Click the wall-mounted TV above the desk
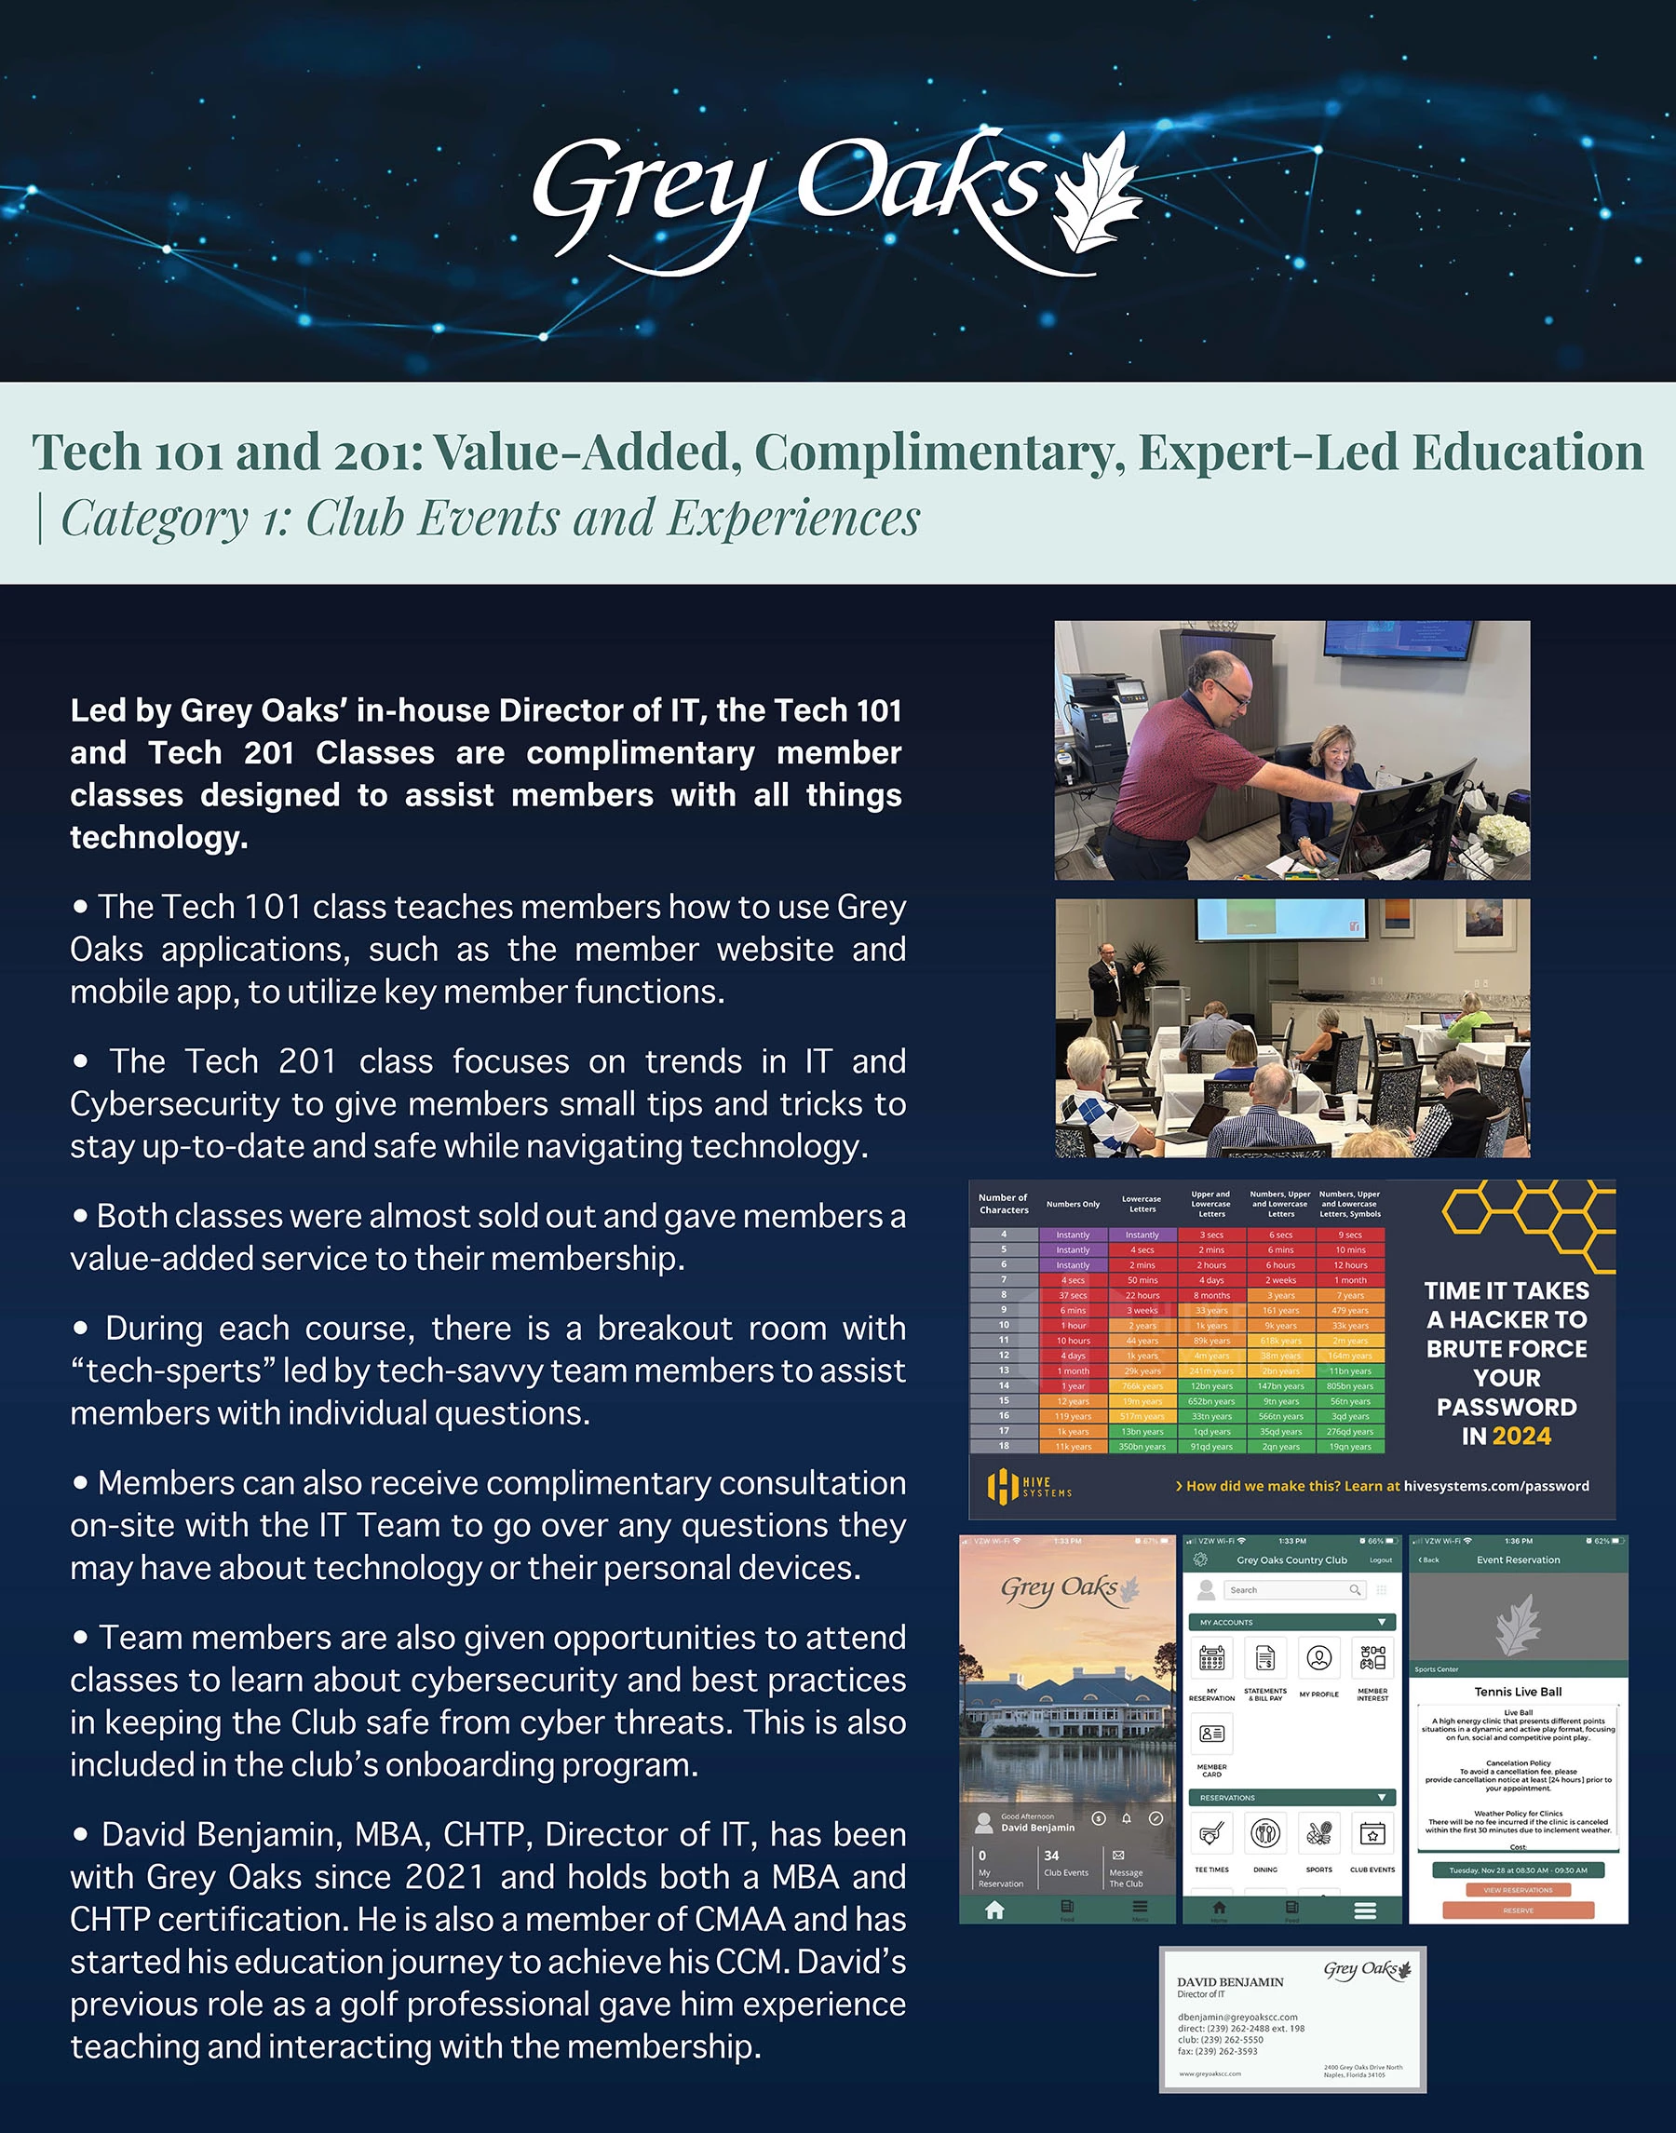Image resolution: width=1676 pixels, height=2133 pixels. (x=1398, y=638)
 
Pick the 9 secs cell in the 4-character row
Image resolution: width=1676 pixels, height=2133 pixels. (x=1350, y=1235)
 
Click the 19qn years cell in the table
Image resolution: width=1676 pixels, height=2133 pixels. (x=1350, y=1446)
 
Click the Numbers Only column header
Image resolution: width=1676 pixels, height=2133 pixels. (x=1073, y=1204)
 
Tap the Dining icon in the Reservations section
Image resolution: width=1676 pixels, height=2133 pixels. (x=1265, y=1833)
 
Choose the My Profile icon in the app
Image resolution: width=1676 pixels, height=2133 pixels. (x=1318, y=1658)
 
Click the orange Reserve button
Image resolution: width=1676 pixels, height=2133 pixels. (x=1518, y=1910)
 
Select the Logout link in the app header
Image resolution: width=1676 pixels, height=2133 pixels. (x=1381, y=1560)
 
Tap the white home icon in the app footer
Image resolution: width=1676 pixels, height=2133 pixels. (x=994, y=1910)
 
